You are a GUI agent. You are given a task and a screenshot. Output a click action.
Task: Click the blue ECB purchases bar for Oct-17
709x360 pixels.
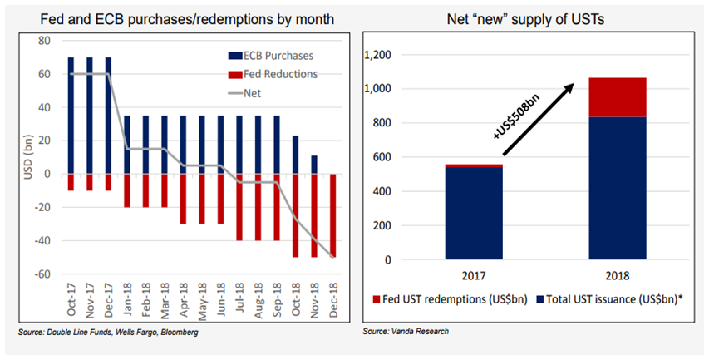71,116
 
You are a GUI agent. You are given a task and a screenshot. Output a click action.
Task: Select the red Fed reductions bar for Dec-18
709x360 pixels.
334,215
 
